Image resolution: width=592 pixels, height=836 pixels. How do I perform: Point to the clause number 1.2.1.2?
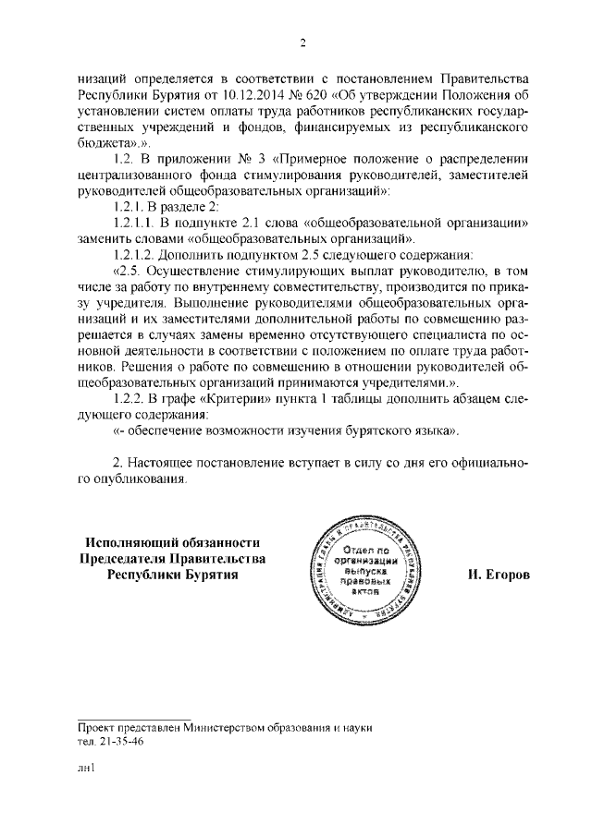tap(135, 254)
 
